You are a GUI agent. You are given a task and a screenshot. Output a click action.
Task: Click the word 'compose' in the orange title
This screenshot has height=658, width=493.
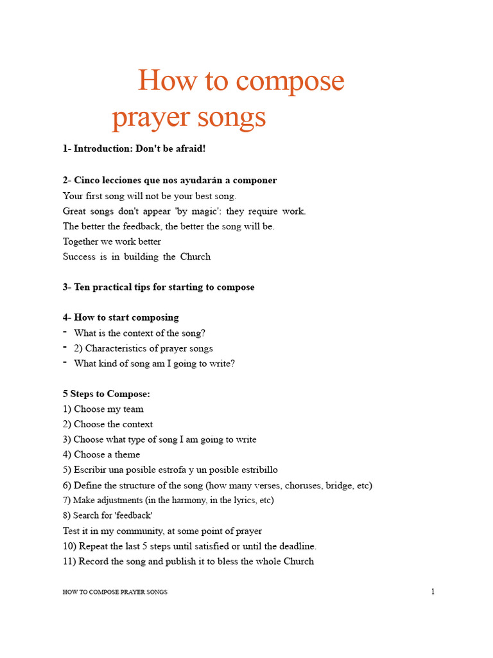pos(290,82)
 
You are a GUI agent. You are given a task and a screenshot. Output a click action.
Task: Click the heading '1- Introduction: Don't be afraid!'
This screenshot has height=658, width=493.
pos(134,149)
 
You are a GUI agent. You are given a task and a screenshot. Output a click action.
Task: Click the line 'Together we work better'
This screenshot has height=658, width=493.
pos(112,242)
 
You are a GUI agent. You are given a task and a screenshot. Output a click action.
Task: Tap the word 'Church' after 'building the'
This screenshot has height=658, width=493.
pos(195,257)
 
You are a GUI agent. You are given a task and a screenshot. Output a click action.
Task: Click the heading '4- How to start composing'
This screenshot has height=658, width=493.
pos(121,317)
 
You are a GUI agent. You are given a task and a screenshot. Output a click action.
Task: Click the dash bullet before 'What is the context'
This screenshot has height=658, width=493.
pos(65,332)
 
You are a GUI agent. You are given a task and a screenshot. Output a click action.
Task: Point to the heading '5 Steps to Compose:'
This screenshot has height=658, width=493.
pos(107,394)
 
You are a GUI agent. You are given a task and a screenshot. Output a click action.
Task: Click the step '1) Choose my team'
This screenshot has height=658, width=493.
pos(103,409)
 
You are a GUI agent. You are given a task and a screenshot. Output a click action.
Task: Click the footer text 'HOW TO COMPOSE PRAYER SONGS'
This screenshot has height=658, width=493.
pos(115,592)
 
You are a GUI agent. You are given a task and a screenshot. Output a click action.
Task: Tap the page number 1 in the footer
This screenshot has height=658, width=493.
pos(433,592)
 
